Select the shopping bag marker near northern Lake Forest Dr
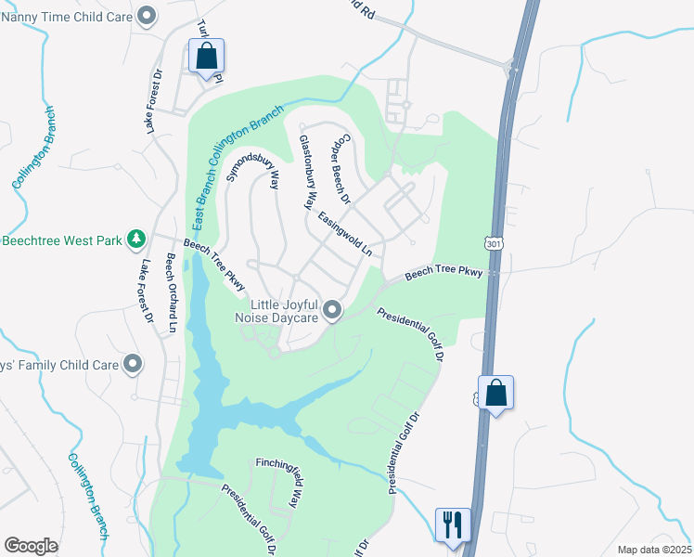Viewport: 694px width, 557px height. [206, 56]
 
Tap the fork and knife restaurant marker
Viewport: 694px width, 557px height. [453, 525]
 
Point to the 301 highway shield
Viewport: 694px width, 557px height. [491, 242]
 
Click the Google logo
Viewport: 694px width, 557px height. [31, 545]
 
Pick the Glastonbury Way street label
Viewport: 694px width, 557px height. [308, 172]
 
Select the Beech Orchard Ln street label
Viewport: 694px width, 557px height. [171, 292]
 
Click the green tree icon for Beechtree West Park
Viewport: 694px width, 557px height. [136, 240]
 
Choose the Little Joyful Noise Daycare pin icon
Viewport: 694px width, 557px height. [332, 311]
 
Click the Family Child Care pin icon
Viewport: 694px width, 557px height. [133, 364]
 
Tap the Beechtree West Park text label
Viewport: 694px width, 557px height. [61, 240]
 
